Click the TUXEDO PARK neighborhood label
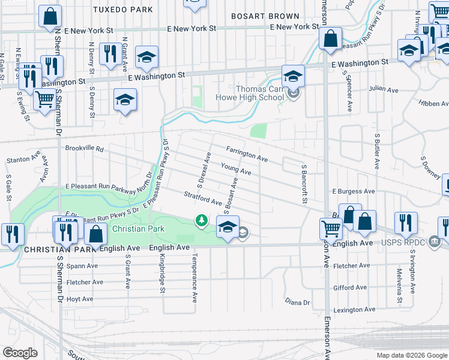tap(123, 10)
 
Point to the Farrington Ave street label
tap(247, 154)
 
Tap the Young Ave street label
tap(236, 170)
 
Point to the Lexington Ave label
tap(352, 310)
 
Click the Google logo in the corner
tap(20, 353)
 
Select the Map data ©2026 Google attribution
tap(412, 355)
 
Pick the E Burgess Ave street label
tap(353, 191)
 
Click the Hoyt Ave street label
tap(80, 299)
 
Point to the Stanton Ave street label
tap(23, 161)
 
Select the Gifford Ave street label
tap(351, 288)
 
